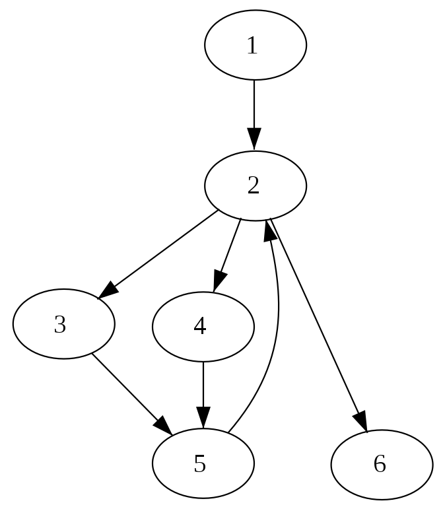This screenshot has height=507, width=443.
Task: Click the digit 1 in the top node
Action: [252, 46]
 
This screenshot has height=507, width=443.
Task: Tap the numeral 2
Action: [254, 186]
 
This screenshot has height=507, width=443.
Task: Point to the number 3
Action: [60, 325]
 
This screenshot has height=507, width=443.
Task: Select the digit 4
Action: [200, 327]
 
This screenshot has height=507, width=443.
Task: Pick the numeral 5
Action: [200, 465]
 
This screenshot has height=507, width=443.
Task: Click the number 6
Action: [380, 465]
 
